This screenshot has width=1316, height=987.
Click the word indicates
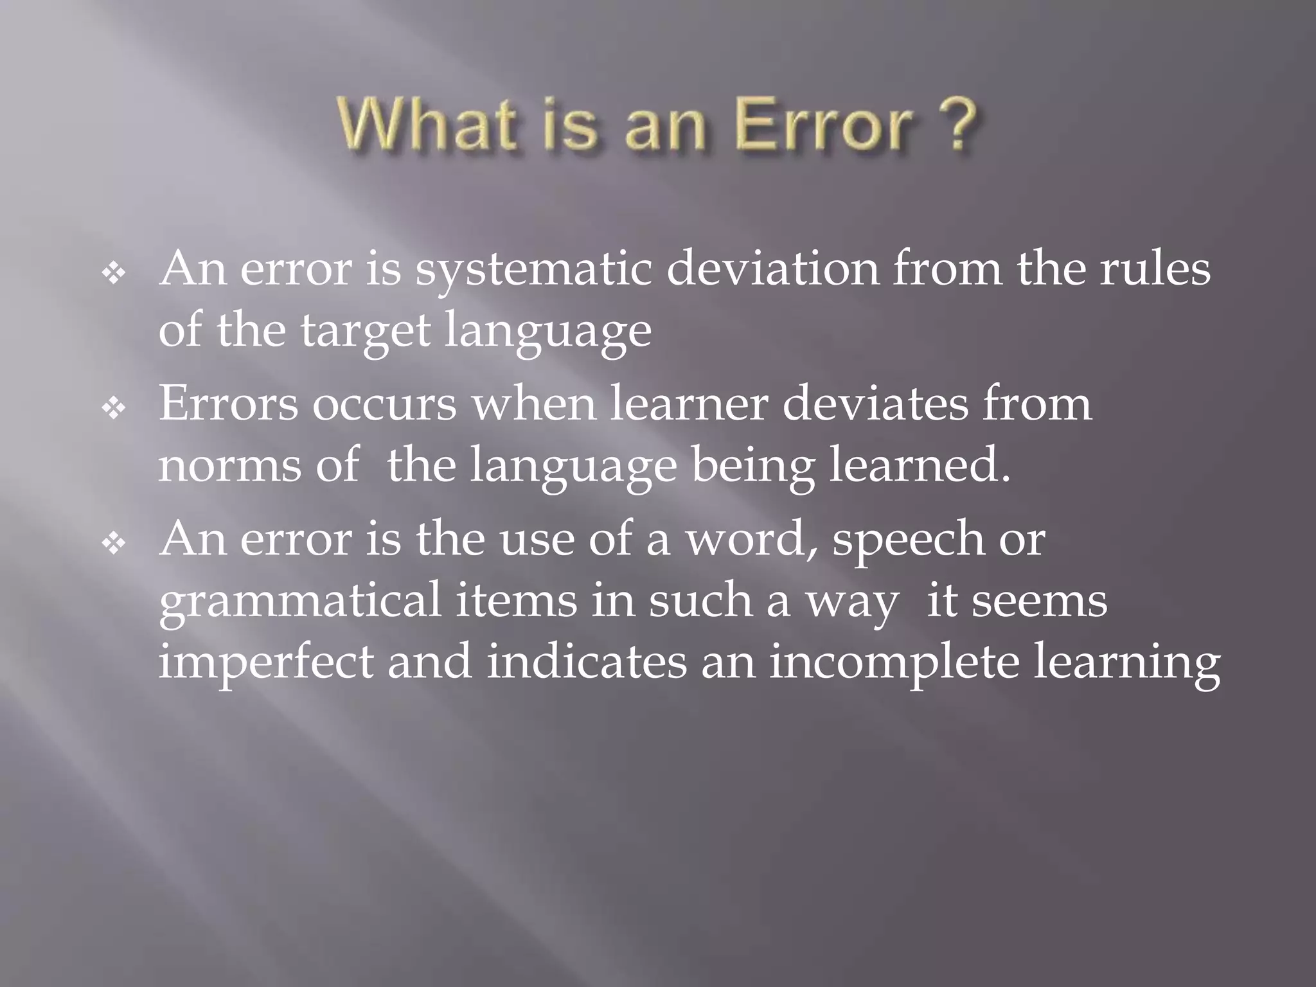(586, 662)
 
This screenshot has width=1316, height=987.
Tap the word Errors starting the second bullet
(228, 404)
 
